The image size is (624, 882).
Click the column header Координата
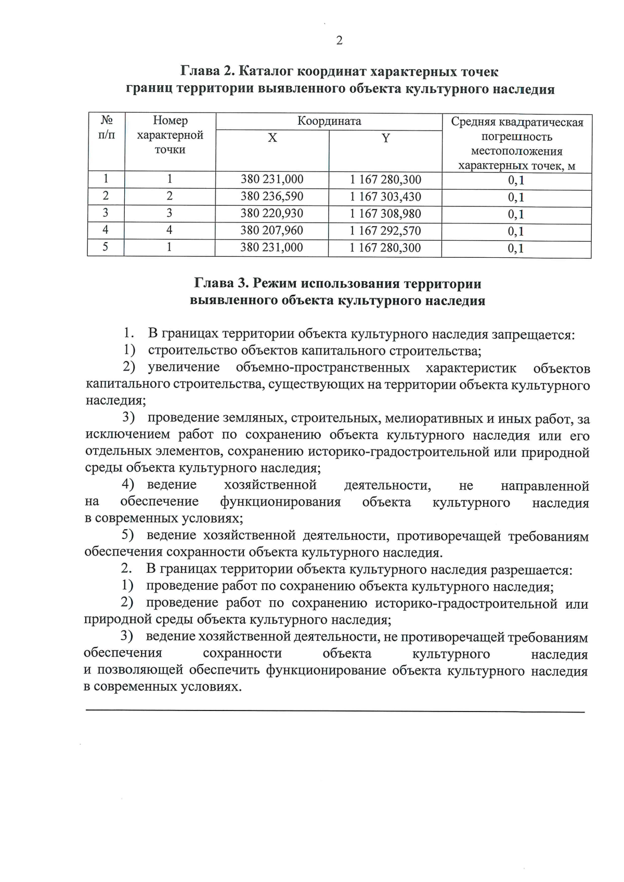tap(329, 121)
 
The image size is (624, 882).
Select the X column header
tap(272, 138)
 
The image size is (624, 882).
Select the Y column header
tap(385, 138)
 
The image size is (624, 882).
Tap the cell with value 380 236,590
tap(272, 196)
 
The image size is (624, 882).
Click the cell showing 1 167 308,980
tap(385, 214)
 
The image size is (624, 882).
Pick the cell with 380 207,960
tap(272, 230)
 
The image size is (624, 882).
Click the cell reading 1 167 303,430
tap(385, 197)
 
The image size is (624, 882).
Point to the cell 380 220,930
tap(272, 214)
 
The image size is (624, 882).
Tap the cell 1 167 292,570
tap(385, 231)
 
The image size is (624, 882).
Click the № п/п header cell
tap(107, 128)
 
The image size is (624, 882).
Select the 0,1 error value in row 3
tap(516, 214)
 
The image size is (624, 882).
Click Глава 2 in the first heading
tap(209, 71)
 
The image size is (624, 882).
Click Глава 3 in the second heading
tap(223, 284)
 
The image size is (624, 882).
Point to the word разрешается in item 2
tap(531, 570)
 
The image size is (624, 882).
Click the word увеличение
tap(184, 368)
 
